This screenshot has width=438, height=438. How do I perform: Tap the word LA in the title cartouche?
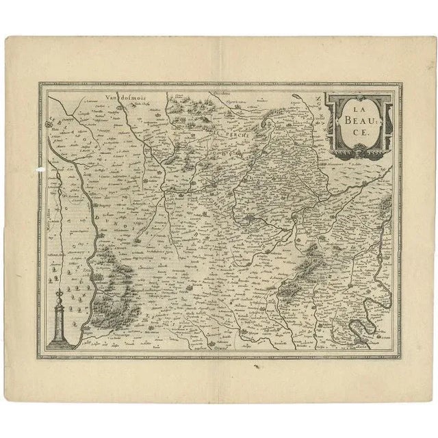[354, 109]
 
